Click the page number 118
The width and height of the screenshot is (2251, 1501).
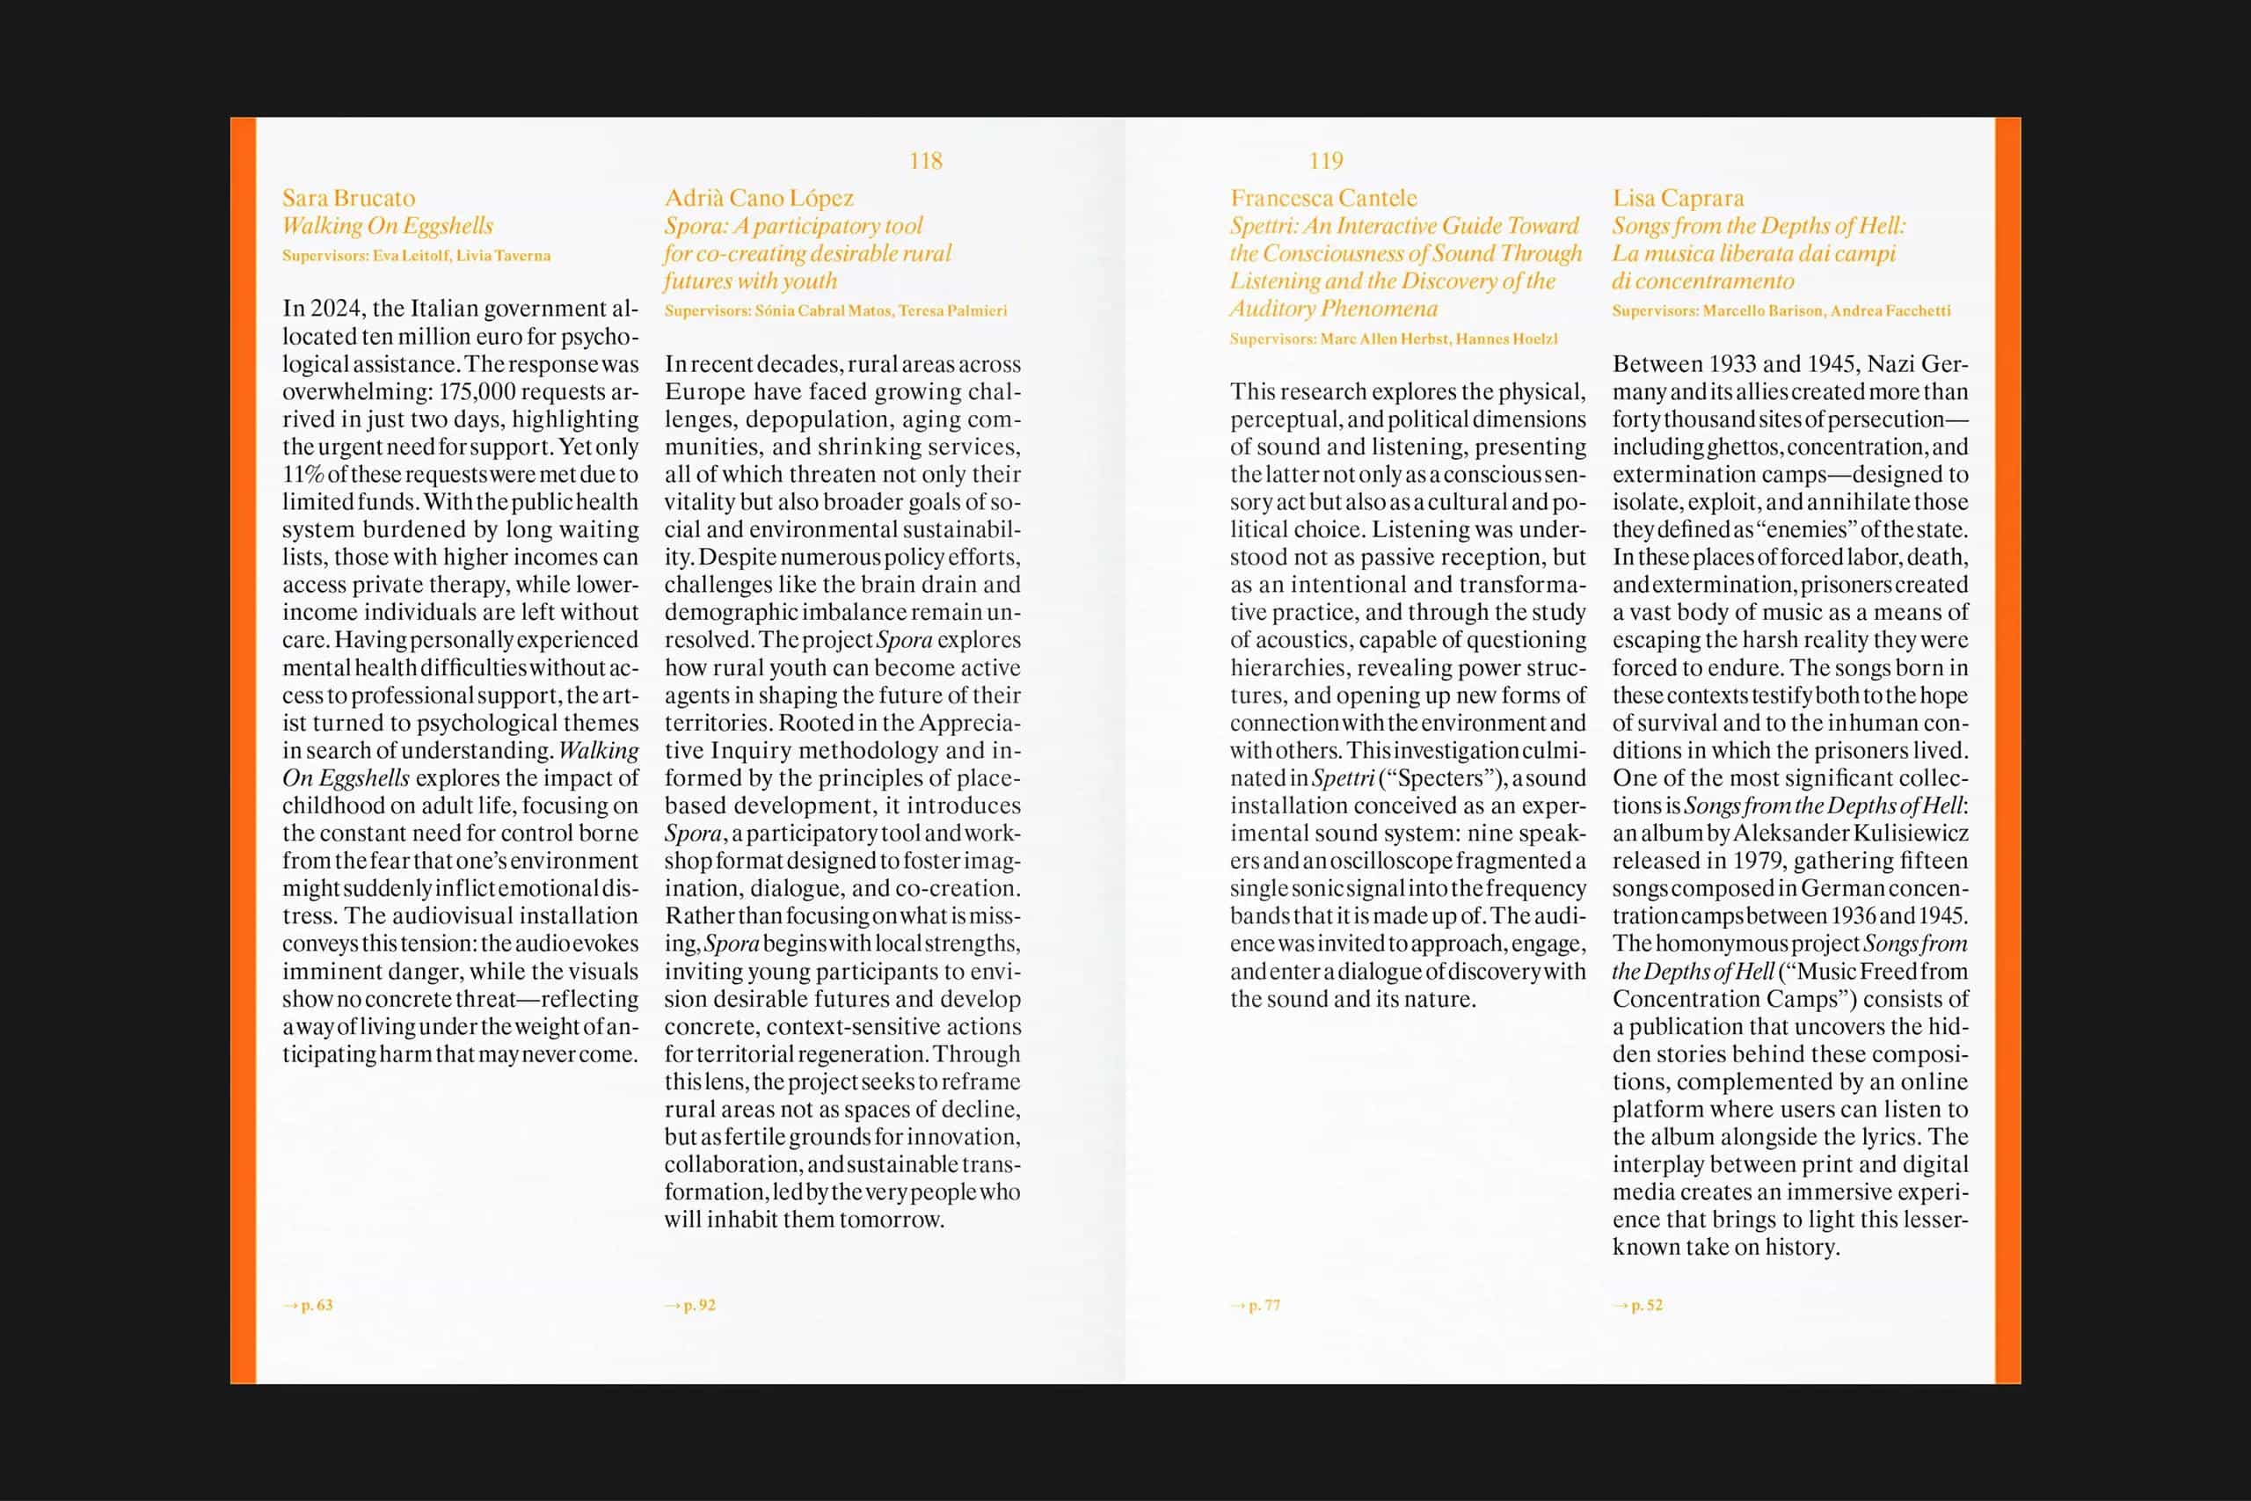(926, 161)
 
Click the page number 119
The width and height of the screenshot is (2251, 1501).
(1325, 161)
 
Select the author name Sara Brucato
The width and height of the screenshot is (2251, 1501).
(348, 198)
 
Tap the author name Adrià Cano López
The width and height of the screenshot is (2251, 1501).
(759, 198)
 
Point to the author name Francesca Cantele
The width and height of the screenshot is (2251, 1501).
(1323, 198)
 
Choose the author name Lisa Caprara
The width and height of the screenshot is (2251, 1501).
(1678, 198)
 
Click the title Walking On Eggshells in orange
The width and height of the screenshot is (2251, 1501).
(388, 226)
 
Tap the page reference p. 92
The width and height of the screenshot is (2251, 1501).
(691, 1305)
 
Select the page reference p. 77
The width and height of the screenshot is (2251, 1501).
(1256, 1305)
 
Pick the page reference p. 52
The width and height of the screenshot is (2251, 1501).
(1638, 1305)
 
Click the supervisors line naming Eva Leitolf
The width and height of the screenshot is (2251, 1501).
(416, 256)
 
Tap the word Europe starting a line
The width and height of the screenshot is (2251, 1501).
(704, 391)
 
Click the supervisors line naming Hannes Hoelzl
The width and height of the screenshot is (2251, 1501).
(1394, 339)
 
